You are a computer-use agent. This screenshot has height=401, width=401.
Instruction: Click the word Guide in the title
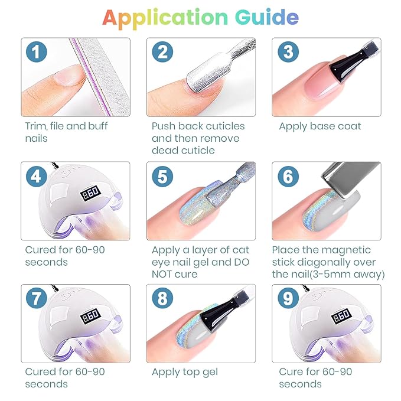tap(267, 17)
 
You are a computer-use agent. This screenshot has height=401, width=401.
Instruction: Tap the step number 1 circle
tap(36, 51)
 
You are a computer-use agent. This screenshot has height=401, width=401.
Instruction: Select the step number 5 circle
tap(162, 177)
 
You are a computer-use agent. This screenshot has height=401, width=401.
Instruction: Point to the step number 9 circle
tap(288, 298)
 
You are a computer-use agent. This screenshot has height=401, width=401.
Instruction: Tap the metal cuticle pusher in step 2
tap(220, 64)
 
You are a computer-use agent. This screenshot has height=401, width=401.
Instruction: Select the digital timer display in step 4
tap(90, 193)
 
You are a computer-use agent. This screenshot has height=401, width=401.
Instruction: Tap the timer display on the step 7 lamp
tap(90, 316)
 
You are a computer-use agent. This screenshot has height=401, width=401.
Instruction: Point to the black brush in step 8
tap(225, 309)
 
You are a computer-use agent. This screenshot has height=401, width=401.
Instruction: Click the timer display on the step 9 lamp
tap(341, 316)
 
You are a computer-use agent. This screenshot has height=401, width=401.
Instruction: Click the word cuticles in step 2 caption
tap(225, 126)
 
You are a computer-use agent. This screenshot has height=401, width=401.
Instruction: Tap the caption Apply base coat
tap(320, 126)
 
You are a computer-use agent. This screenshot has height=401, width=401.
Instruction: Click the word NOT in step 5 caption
tap(162, 274)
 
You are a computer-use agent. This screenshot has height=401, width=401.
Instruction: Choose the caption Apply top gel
tap(185, 372)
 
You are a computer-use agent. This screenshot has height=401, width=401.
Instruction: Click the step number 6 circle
tap(288, 177)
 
